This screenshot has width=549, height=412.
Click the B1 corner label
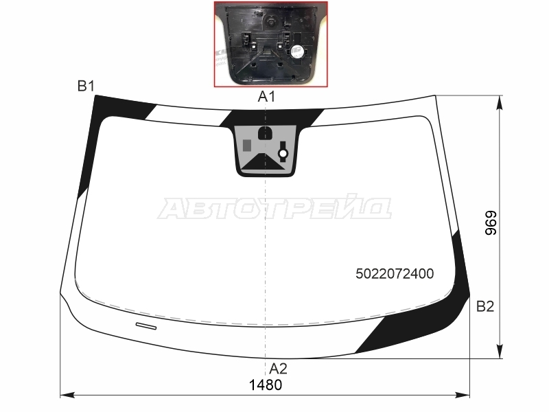click(86, 86)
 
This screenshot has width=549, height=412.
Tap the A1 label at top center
click(266, 96)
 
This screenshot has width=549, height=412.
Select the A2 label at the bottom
click(279, 369)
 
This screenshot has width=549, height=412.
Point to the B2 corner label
click(485, 306)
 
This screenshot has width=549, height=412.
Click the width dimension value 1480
click(266, 385)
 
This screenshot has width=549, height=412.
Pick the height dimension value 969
click(491, 222)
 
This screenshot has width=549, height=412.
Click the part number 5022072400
click(395, 273)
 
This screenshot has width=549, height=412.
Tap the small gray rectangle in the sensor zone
click(247, 145)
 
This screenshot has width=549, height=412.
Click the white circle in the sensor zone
click(283, 153)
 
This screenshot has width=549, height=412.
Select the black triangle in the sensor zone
click(264, 162)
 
